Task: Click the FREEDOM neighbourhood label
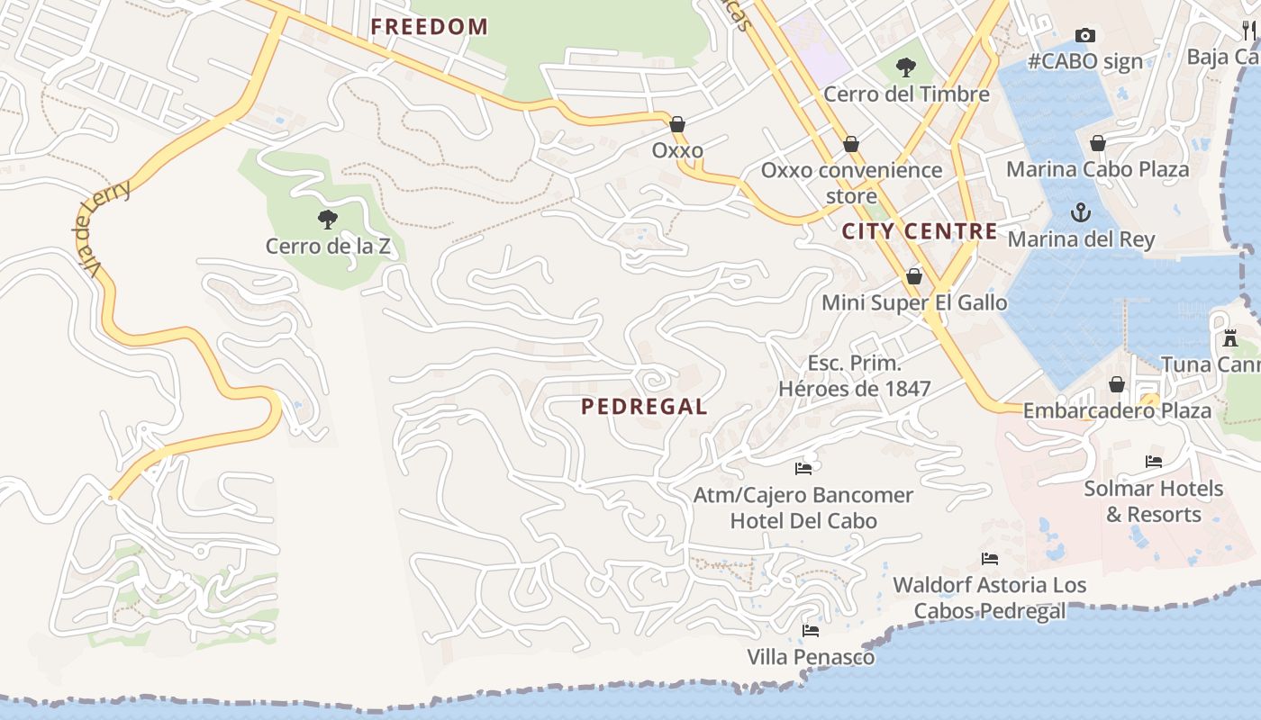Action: click(x=429, y=26)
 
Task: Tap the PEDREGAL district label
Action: click(x=644, y=407)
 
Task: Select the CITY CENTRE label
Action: click(x=920, y=231)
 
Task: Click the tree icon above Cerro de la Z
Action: click(x=328, y=219)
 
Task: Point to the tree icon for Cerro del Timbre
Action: click(x=906, y=67)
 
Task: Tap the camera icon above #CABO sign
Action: click(x=1085, y=36)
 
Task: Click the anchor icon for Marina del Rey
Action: click(x=1079, y=213)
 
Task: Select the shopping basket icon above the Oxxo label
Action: click(x=677, y=124)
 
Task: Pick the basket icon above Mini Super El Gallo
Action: click(x=914, y=276)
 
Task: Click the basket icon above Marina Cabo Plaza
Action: click(x=1098, y=143)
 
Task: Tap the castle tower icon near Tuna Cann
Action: click(x=1230, y=338)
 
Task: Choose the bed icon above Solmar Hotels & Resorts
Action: click(x=1154, y=462)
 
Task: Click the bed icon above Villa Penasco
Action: click(x=811, y=631)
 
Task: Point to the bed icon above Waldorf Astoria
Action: click(x=990, y=559)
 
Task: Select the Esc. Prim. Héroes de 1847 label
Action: click(x=854, y=376)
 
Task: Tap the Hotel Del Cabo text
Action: click(x=803, y=521)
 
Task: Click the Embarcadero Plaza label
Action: click(x=1117, y=410)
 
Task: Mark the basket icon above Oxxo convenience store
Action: click(x=851, y=144)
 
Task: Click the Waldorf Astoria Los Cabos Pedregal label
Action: click(x=989, y=598)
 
